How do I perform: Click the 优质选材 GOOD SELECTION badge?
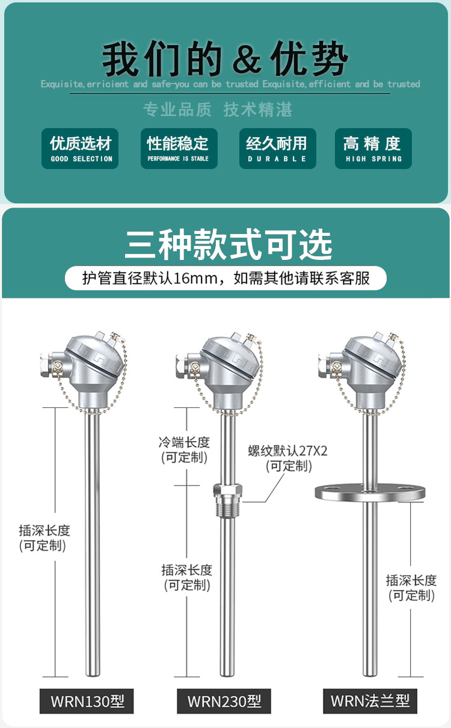tap(81, 149)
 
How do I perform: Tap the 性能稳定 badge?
tap(179, 149)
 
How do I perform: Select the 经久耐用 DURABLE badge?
tap(277, 149)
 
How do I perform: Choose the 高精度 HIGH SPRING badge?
tap(373, 149)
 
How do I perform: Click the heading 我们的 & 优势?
tap(226, 60)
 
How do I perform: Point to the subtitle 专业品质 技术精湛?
tap(218, 110)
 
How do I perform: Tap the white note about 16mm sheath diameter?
tap(226, 278)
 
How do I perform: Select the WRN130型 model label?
tap(87, 701)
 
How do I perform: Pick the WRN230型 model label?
tap(224, 701)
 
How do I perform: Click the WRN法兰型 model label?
tap(370, 701)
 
